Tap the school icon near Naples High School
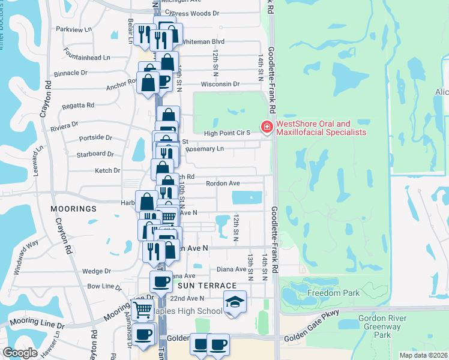pyautogui.click(x=235, y=302)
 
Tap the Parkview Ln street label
pyautogui.click(x=74, y=29)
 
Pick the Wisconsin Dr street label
pyautogui.click(x=220, y=85)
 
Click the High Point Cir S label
pyautogui.click(x=227, y=133)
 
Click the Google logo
pyautogui.click(x=19, y=352)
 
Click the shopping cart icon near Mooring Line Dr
pyautogui.click(x=143, y=310)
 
